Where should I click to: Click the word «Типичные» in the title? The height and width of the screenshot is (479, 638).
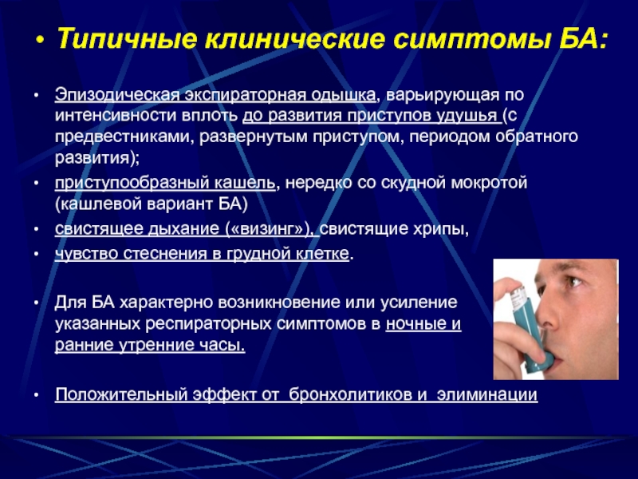tap(127, 38)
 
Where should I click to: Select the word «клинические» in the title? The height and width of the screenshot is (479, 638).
tap(295, 38)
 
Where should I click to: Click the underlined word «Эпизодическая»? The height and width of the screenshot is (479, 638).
tap(117, 95)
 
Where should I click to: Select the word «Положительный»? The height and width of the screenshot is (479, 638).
tap(121, 395)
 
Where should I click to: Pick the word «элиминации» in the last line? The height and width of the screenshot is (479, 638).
tap(487, 394)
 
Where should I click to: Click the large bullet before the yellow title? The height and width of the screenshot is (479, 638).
tap(39, 41)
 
